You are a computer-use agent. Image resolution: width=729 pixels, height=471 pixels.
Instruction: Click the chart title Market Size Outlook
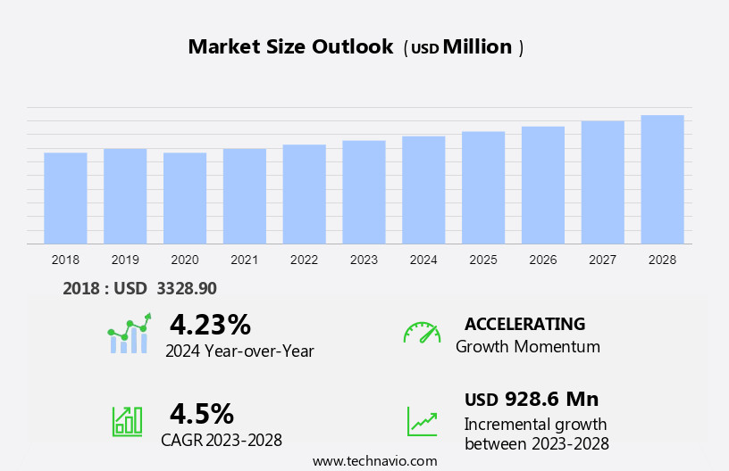coord(290,47)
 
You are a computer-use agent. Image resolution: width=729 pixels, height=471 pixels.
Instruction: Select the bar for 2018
coord(65,198)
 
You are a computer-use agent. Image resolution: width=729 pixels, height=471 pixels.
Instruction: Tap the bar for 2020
coord(185,198)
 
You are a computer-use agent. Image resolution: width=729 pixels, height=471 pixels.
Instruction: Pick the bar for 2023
coord(364,192)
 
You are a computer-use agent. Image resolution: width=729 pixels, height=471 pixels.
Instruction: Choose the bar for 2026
coord(543,185)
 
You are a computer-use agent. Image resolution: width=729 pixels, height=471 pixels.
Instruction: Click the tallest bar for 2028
coord(662,179)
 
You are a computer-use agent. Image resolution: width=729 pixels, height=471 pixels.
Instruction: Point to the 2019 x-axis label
coord(125,260)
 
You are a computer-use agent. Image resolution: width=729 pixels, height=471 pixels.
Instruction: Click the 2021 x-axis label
coord(245,260)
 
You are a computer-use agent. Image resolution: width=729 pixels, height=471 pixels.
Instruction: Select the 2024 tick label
coord(423,260)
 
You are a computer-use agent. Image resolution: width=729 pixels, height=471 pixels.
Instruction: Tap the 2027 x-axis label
coord(603,260)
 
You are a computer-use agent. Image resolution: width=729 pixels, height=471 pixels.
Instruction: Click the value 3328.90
coord(186,288)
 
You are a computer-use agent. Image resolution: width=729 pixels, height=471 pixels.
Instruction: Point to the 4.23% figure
coord(210,325)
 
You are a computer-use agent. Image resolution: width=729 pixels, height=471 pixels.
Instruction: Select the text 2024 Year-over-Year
coord(239,351)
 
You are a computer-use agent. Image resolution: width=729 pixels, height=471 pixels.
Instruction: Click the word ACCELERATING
coord(525,324)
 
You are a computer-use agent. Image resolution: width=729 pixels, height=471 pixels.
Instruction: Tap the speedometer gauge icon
coord(422,333)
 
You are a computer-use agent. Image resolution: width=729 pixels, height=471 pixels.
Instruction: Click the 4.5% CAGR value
coord(202,414)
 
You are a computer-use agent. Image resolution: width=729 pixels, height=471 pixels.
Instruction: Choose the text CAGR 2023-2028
coord(222,440)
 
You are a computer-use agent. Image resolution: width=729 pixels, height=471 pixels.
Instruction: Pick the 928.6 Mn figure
coord(551,399)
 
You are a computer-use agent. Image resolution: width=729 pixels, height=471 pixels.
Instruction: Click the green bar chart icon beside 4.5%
coord(127,421)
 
